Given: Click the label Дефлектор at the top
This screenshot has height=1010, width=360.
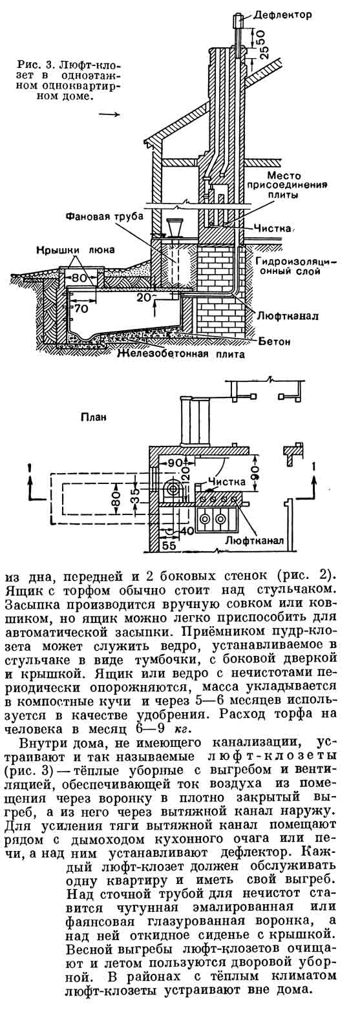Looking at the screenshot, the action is (x=282, y=15).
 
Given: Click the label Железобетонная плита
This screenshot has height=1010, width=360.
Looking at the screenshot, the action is (x=180, y=354).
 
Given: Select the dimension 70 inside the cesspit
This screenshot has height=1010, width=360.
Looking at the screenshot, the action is (x=81, y=309).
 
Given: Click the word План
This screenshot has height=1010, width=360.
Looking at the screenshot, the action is (x=94, y=417).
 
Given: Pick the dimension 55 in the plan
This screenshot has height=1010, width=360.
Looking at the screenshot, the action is (x=170, y=545).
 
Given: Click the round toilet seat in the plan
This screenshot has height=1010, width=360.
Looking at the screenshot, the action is (x=172, y=488).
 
